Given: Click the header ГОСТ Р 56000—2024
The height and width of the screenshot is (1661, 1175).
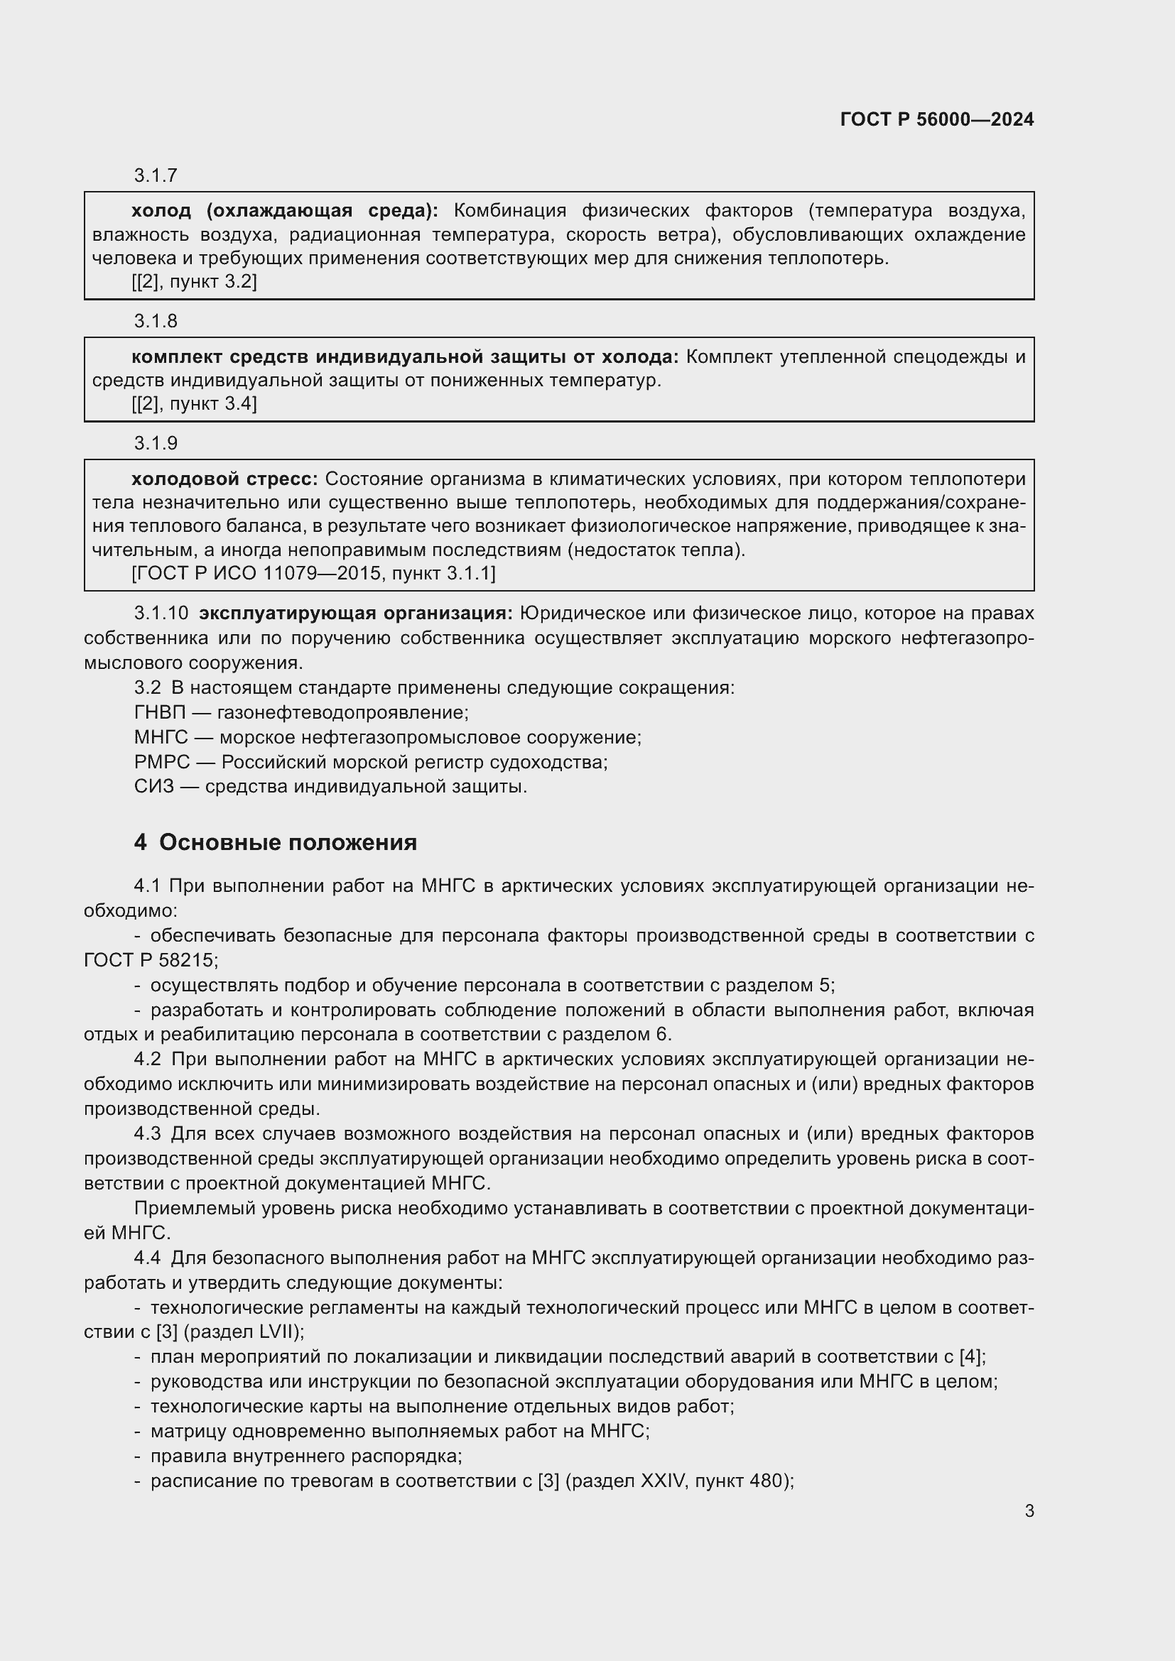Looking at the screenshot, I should coord(936,119).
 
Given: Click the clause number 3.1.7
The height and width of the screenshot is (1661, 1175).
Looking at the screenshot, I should coord(156,175).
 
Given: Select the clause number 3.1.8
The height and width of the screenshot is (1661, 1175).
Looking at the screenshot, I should coord(156,320).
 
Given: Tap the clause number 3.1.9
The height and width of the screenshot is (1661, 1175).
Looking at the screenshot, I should coord(156,442).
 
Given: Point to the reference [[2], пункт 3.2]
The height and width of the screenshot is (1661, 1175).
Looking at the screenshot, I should coord(194,281).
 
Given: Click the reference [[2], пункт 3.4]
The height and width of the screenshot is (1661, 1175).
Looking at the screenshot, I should coord(194,403).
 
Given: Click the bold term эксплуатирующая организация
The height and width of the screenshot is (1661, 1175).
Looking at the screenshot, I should coord(355,614).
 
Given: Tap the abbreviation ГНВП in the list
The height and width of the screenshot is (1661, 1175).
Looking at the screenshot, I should coord(160,712).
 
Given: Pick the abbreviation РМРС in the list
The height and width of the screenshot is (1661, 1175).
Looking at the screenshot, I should coord(161,762).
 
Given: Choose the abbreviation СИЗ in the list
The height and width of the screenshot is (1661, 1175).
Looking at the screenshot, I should coord(153,786).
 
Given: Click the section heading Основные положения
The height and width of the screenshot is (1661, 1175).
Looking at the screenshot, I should coord(287,843).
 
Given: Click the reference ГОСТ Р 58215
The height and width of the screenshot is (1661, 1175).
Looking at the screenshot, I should coord(149,960).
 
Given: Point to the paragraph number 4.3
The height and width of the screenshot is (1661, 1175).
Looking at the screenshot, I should coord(148,1133).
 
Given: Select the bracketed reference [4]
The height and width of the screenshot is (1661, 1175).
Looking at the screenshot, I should coord(971,1357).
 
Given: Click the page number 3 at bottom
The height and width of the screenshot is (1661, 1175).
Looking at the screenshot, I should coord(1029,1511).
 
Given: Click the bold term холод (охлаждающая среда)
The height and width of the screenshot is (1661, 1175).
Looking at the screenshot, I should coord(284,211).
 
